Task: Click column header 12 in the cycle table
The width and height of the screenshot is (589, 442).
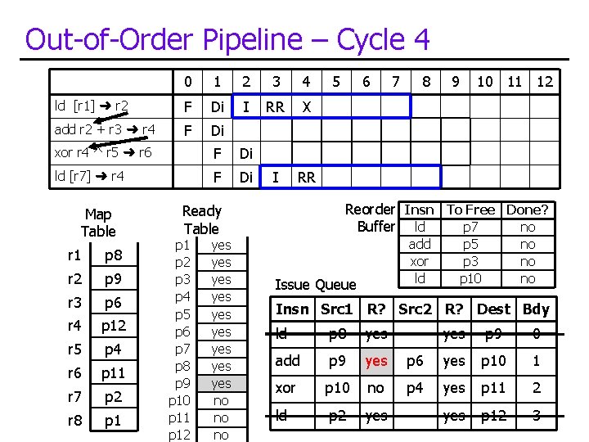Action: (x=544, y=82)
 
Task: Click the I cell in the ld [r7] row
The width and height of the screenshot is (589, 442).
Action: (x=275, y=177)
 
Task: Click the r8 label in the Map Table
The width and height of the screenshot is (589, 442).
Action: (x=74, y=422)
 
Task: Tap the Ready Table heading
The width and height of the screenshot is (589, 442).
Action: (x=201, y=219)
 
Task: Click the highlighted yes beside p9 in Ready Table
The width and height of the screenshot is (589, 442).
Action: (x=221, y=383)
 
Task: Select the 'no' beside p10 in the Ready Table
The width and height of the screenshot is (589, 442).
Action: (x=221, y=400)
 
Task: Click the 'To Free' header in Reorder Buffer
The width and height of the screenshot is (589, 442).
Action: (x=470, y=210)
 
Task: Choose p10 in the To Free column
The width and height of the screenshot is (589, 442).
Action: (x=470, y=278)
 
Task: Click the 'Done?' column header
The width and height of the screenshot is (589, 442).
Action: (x=528, y=210)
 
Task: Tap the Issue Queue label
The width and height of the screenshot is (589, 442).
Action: (x=316, y=284)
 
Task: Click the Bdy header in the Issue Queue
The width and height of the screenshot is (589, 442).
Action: (x=536, y=309)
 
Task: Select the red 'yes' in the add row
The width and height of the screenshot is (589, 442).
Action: (x=376, y=360)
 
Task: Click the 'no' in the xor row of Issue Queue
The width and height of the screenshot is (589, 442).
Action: (x=376, y=388)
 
